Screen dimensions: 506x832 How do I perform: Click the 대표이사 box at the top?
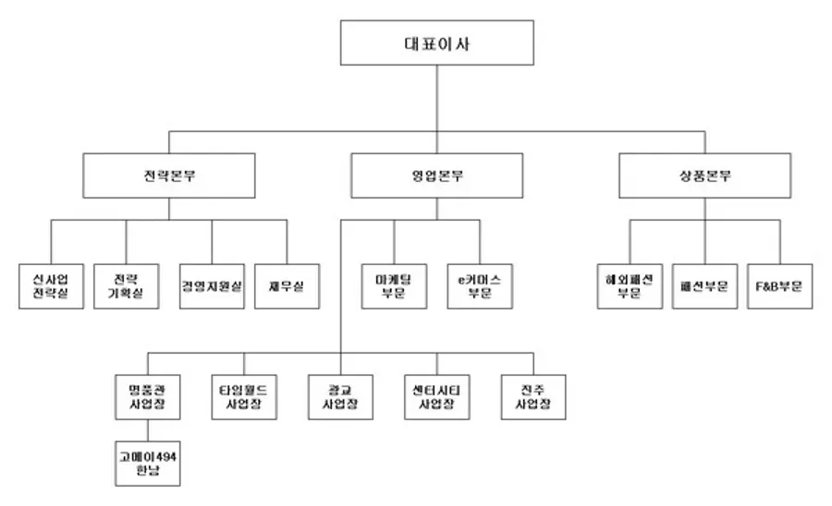pos(436,43)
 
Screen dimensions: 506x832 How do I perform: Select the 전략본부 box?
pos(168,175)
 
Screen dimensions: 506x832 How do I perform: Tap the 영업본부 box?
pos(437,175)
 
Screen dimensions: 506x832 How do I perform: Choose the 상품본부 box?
pos(704,175)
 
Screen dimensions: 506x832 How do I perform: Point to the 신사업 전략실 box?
pos(51,286)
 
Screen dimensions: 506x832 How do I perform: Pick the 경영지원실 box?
pos(212,286)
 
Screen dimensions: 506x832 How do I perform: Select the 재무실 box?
pos(287,286)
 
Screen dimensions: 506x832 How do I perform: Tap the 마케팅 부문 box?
pos(394,286)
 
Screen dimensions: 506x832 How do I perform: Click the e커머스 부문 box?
pos(479,286)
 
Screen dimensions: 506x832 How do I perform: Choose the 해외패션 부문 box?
pos(629,286)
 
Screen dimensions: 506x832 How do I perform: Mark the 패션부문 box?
pos(704,286)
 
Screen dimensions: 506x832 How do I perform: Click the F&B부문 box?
pos(779,286)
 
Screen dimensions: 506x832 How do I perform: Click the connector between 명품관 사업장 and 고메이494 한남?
pos(148,430)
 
